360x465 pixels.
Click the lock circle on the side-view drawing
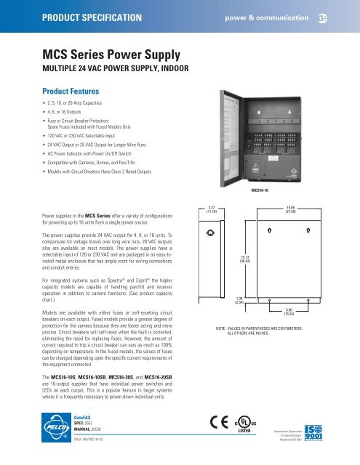pyautogui.click(x=208, y=233)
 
